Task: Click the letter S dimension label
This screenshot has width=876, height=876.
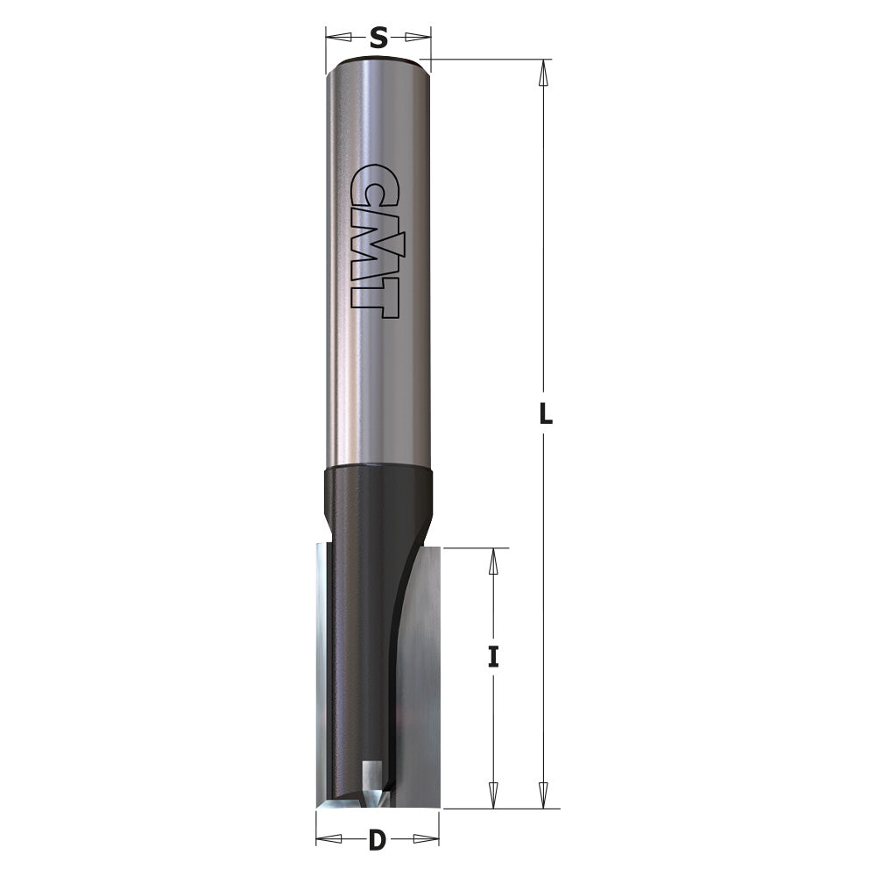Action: coord(378,37)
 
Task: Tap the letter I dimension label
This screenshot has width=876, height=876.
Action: coord(493,657)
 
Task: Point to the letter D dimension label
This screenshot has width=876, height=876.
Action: coord(377,841)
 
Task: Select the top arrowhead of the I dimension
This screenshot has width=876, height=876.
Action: coord(493,562)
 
